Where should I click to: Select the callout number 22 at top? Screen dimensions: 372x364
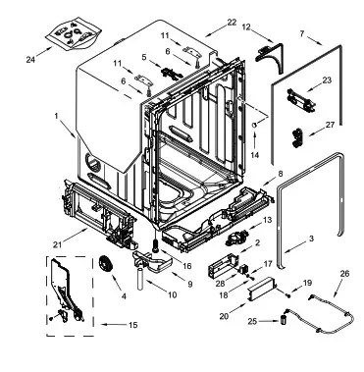(x=232, y=22)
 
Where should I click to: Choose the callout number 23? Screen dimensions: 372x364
(x=328, y=81)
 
